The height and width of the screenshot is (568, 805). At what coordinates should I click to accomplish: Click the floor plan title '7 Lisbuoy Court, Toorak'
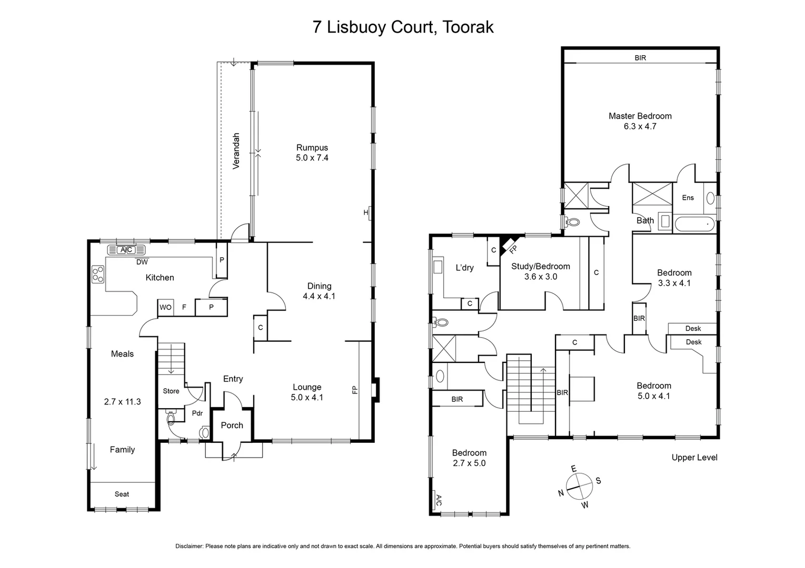point(403,27)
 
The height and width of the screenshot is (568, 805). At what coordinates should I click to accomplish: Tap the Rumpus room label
point(312,148)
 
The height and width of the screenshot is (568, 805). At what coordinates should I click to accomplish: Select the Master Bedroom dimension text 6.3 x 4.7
point(640,126)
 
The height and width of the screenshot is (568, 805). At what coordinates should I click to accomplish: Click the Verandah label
point(236,151)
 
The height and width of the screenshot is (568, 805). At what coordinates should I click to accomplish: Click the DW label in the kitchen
point(142,262)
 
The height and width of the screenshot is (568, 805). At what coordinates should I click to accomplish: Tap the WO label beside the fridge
point(165,307)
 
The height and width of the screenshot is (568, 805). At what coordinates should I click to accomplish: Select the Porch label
point(232,425)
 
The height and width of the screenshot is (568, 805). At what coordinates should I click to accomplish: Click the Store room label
point(171,391)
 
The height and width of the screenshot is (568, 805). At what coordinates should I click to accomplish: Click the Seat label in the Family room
point(122,494)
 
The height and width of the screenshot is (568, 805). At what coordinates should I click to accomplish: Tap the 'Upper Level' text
point(694,458)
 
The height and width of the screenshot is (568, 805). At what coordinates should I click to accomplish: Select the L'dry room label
point(464,268)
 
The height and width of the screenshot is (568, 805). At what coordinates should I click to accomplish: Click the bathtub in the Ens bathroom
point(694,224)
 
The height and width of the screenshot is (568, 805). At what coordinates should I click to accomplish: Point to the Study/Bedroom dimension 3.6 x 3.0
point(540,277)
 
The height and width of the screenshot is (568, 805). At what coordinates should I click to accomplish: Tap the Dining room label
point(319,286)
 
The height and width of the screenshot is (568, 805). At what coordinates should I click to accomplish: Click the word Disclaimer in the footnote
point(189,546)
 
